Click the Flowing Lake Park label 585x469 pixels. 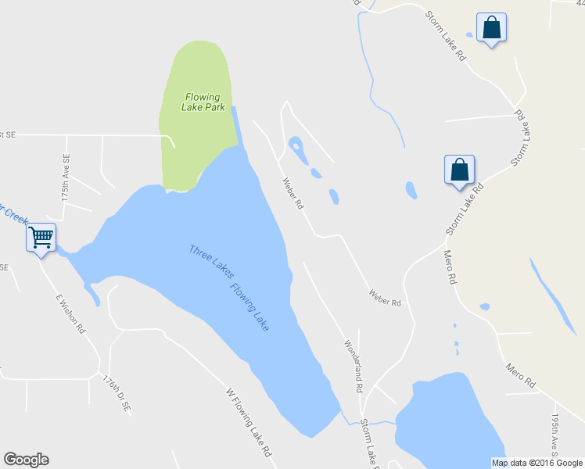202,102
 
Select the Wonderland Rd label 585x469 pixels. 354,365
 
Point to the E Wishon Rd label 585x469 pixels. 70,313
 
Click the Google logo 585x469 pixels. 26,460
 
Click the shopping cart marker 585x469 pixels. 41,236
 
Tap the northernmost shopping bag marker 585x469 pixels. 491,28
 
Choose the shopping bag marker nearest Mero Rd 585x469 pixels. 459,170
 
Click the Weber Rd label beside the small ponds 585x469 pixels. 292,194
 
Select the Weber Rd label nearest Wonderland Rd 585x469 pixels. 385,297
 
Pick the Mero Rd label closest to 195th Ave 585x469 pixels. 520,374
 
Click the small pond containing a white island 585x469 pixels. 296,146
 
